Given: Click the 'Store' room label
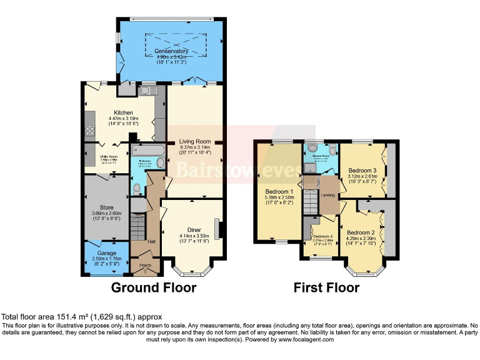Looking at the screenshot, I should click(106, 207).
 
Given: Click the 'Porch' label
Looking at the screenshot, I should click(146, 264).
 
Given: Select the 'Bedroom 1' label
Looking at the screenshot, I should click(279, 191).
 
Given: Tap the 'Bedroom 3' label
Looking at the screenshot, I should click(362, 170).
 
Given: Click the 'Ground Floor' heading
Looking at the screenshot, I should click(153, 288).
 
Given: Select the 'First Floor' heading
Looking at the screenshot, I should click(327, 288).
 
